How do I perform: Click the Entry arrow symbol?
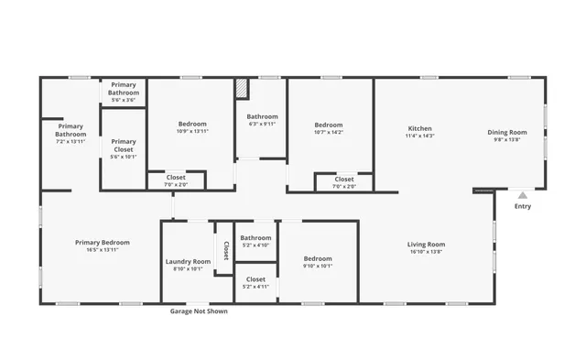click(x=522, y=195)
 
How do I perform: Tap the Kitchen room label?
click(x=419, y=129)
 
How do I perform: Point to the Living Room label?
click(x=426, y=244)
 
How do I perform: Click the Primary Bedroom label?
click(x=102, y=243)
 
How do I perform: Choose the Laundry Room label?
click(x=188, y=262)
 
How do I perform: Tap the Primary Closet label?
click(x=124, y=146)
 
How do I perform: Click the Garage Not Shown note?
click(x=199, y=311)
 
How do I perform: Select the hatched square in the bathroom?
click(x=242, y=87)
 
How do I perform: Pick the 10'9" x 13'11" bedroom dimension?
click(x=192, y=132)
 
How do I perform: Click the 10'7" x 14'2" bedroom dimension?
click(x=329, y=133)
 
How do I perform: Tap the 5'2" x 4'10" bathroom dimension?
click(x=255, y=245)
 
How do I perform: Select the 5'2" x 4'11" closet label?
click(x=255, y=287)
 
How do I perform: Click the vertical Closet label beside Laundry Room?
click(x=225, y=250)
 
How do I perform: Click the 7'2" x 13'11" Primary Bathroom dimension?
click(x=71, y=142)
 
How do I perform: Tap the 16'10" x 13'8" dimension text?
click(x=426, y=252)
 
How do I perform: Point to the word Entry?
click(x=522, y=206)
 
